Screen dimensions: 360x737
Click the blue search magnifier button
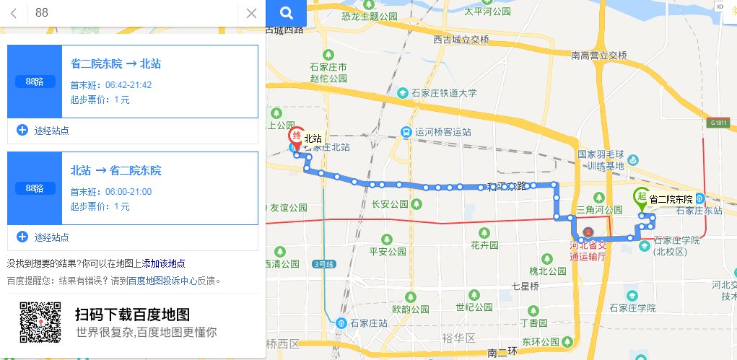coord(286,13)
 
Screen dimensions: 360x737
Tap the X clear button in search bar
coord(251,13)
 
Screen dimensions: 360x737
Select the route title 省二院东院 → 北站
coord(115,63)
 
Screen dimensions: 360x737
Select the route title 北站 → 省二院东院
coord(115,170)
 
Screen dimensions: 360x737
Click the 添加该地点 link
coord(163,263)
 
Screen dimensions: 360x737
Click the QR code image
coord(40,322)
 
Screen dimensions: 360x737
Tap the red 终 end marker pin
coord(295,136)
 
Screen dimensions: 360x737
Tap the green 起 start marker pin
coord(640,196)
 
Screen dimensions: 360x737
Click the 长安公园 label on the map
coord(389,204)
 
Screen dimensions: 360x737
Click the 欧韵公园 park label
coord(405,308)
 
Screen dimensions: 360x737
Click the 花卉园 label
coord(484,245)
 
